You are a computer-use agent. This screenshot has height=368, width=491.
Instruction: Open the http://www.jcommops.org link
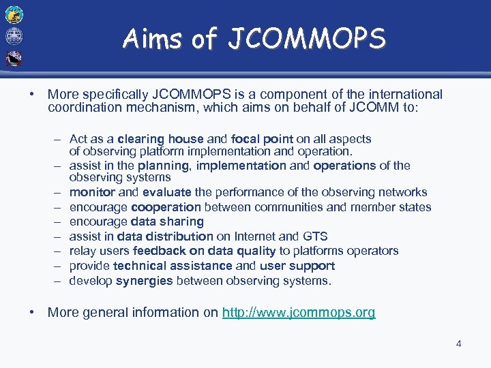(299, 313)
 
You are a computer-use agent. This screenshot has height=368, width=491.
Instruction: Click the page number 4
(458, 343)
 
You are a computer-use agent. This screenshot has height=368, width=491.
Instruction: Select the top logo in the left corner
(14, 14)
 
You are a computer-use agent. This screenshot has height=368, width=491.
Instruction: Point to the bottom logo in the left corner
(14, 59)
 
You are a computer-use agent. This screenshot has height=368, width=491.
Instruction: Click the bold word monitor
(92, 192)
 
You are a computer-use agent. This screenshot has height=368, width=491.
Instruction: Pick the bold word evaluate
(167, 192)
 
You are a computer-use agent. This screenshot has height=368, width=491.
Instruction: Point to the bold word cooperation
(166, 207)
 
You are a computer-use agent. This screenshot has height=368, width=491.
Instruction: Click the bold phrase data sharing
(167, 221)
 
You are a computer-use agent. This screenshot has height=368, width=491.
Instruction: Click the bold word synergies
(145, 281)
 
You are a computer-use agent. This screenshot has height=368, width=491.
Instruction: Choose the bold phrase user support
(297, 266)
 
